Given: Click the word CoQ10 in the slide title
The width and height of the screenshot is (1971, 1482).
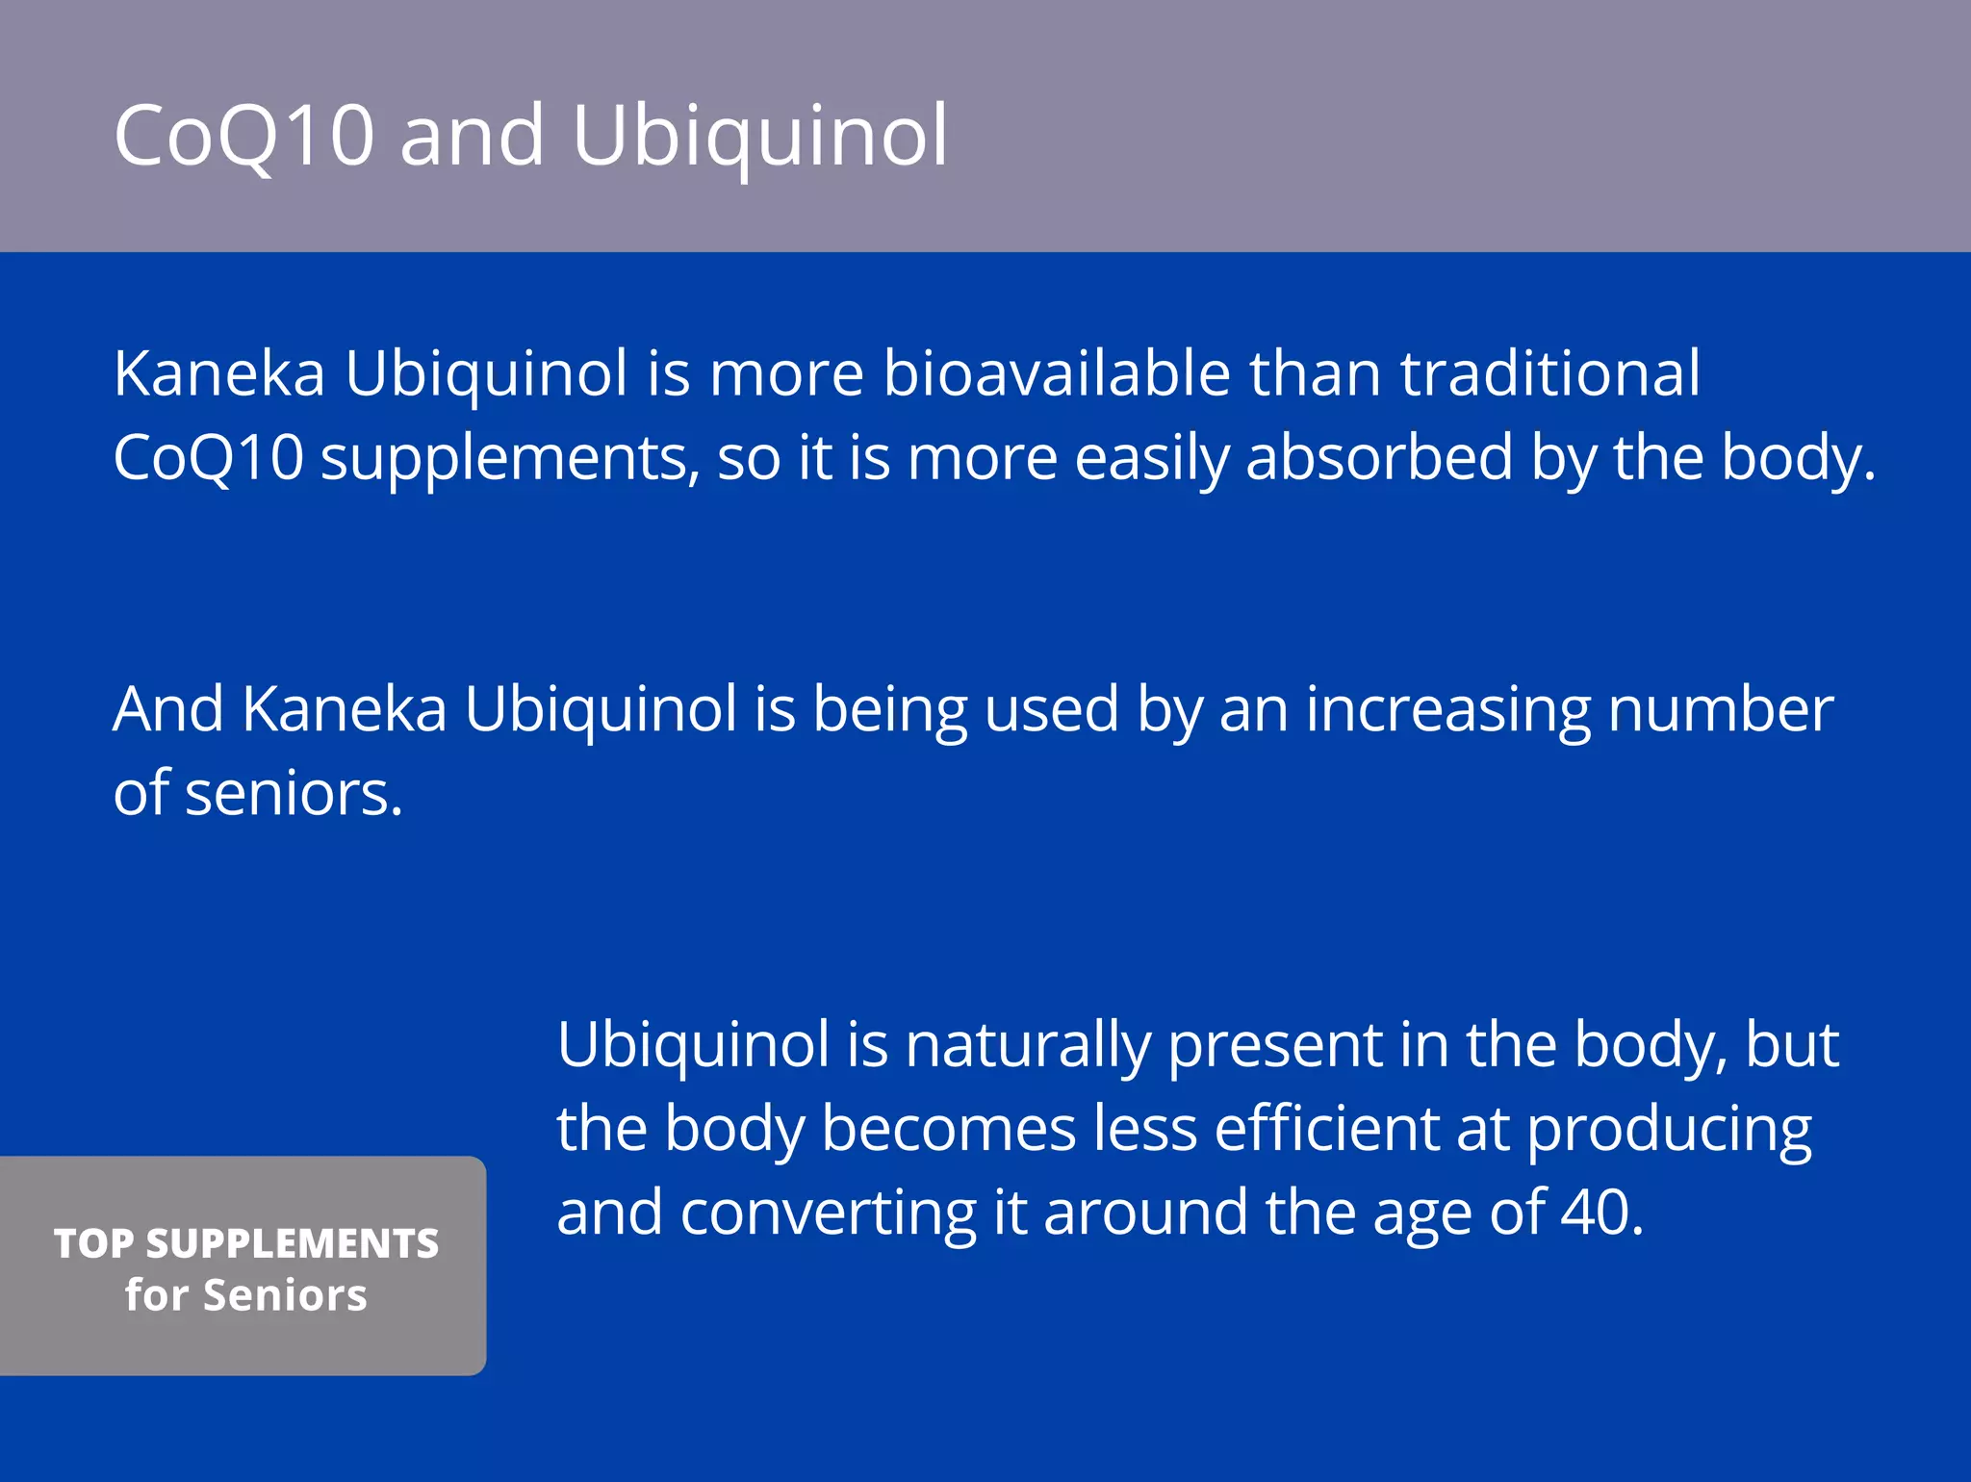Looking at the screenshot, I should click(243, 135).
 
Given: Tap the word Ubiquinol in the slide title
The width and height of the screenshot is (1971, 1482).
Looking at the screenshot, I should click(759, 135).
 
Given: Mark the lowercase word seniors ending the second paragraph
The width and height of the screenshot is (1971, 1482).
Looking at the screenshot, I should click(293, 794).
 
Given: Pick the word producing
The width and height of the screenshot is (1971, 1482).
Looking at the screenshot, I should click(1669, 1130).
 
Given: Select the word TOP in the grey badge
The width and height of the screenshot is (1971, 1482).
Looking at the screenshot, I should click(93, 1243).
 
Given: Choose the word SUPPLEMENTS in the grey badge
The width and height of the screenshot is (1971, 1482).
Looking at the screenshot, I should click(293, 1243).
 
